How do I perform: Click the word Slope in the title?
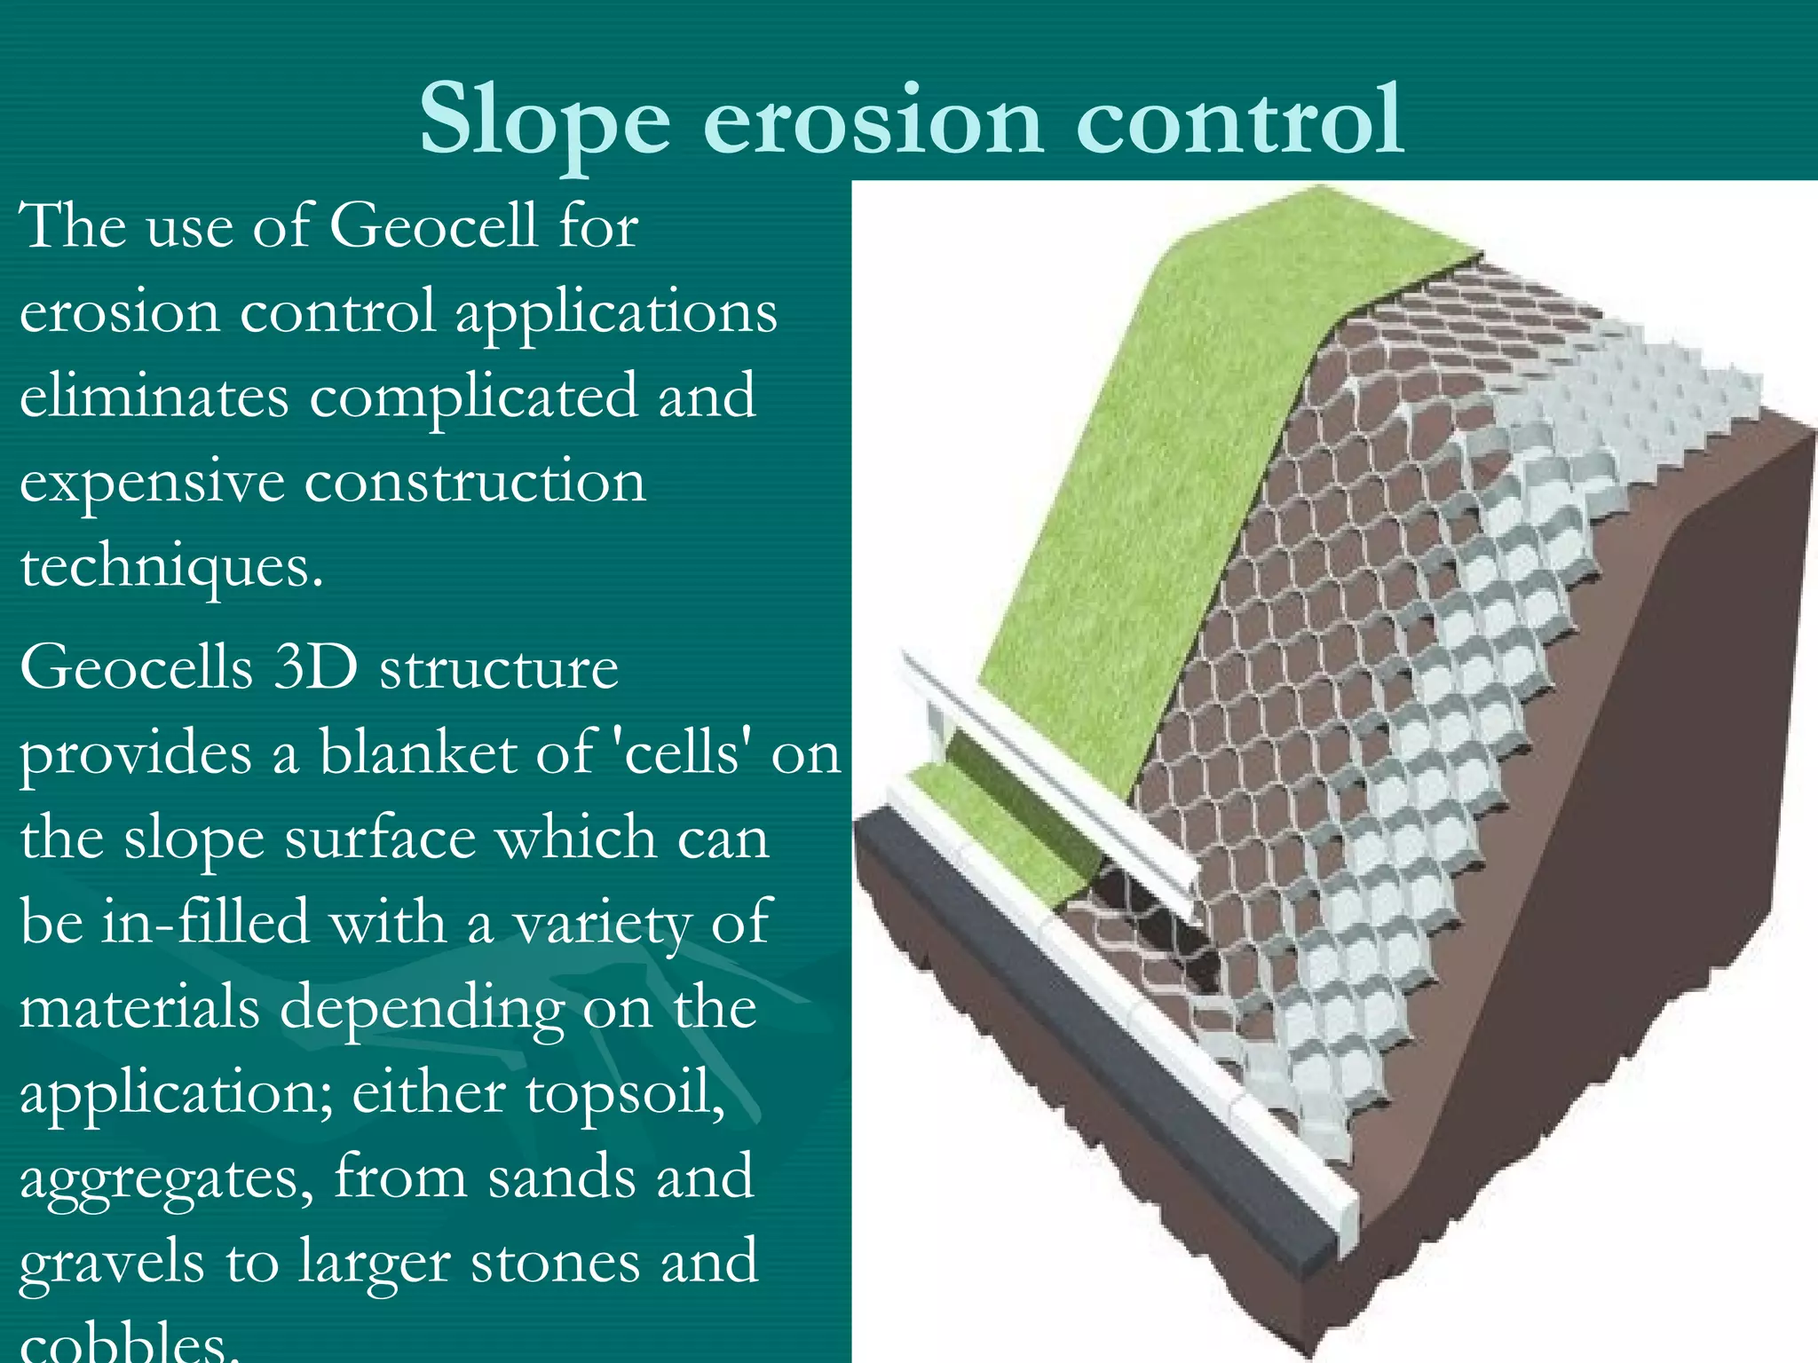[544, 120]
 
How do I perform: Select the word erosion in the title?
[873, 120]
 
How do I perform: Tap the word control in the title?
[1239, 120]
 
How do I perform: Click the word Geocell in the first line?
[433, 225]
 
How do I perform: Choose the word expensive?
[151, 485]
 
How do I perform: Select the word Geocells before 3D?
[136, 667]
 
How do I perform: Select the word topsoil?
[625, 1093]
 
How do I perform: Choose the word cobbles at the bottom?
[129, 1343]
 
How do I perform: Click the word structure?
[499, 667]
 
